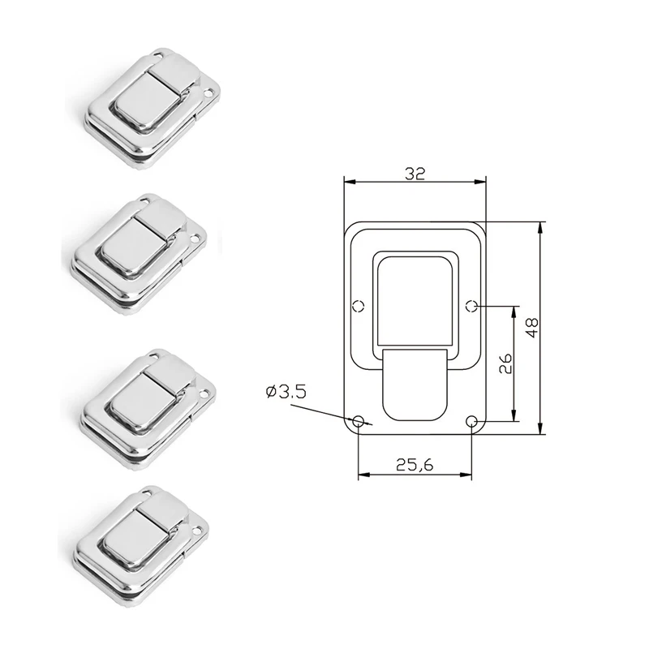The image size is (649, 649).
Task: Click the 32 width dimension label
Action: (x=414, y=172)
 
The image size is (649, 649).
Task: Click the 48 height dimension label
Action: (x=531, y=328)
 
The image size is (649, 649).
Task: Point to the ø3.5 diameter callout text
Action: (x=284, y=392)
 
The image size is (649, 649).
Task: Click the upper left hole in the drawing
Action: (x=358, y=306)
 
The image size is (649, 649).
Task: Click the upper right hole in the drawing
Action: (x=472, y=306)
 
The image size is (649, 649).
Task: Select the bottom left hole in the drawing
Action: (x=359, y=421)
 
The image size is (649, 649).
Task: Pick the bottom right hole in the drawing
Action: (x=472, y=421)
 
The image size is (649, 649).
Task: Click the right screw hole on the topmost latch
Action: (x=208, y=95)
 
